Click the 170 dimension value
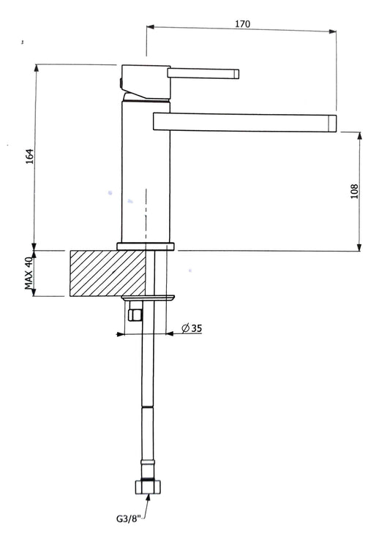coord(242,24)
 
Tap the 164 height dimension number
coord(30,156)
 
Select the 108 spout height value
coord(354,191)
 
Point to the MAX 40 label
coord(29,273)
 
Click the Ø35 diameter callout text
coord(192,328)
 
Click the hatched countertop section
coord(108,273)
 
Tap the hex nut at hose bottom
coord(148,487)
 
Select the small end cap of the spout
coord(332,123)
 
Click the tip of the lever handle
coord(236,74)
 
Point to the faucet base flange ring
coord(146,246)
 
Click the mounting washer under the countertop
coord(149,298)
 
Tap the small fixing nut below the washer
coord(135,315)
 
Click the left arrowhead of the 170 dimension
coord(151,27)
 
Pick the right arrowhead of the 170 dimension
coord(332,31)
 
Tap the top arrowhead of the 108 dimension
coord(360,136)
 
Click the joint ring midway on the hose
coord(148,407)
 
